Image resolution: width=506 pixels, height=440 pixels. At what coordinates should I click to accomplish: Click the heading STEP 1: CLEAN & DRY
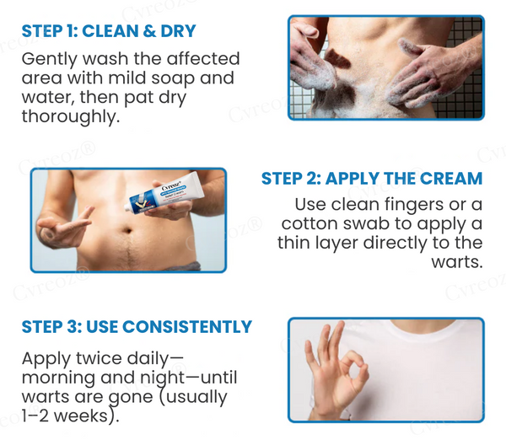[x=109, y=31]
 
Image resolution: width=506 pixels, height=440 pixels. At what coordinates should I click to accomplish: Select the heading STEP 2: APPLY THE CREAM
[x=372, y=179]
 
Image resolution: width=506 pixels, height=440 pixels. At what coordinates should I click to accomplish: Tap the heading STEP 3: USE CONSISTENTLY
[x=137, y=326]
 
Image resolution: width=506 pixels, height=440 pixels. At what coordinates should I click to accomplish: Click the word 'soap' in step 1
[x=172, y=78]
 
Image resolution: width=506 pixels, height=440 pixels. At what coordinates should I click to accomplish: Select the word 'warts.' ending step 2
[x=457, y=262]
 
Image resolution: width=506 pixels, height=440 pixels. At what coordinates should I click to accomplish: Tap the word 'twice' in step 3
[x=99, y=358]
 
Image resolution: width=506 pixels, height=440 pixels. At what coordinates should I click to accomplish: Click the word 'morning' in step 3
[x=58, y=378]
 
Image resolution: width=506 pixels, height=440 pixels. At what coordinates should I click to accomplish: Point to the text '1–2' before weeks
[x=35, y=416]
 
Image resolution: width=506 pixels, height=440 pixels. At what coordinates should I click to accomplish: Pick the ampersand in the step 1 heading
[x=148, y=31]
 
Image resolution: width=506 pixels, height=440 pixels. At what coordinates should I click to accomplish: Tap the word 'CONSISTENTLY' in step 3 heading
[x=187, y=326]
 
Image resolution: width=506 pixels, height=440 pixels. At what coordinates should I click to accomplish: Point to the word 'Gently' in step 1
[x=50, y=60]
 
